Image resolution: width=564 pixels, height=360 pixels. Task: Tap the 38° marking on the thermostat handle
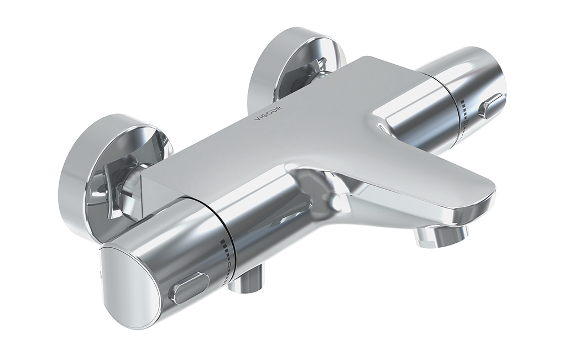(x=466, y=123)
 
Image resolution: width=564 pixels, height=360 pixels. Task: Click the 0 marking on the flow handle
(x=229, y=264)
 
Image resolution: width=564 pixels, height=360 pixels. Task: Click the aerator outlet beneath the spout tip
(x=440, y=238)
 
